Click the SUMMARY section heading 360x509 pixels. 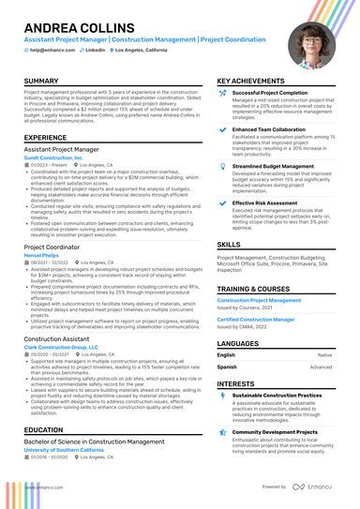pos(41,82)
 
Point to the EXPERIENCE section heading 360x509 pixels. pos(46,137)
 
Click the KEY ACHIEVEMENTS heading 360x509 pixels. pos(252,82)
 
